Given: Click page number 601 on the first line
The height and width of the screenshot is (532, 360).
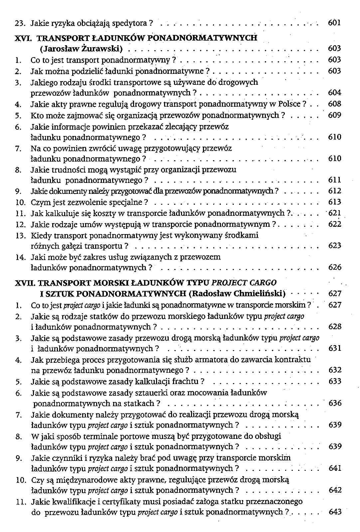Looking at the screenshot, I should click(x=334, y=23).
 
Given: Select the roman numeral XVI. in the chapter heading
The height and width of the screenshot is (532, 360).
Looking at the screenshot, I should click(x=24, y=38).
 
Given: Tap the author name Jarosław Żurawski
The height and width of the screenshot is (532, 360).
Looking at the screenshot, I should click(x=82, y=49).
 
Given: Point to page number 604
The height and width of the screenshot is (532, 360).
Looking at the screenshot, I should click(x=334, y=93).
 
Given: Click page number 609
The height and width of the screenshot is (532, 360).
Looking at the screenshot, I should click(x=334, y=115).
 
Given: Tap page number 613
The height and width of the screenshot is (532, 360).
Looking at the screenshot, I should click(x=334, y=202).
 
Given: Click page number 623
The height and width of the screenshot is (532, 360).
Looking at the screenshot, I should click(x=334, y=246).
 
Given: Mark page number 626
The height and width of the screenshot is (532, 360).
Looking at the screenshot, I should click(x=334, y=267).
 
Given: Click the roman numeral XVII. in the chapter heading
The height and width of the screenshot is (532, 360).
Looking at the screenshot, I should click(x=25, y=283).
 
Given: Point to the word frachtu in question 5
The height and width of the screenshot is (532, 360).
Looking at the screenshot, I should click(x=188, y=381).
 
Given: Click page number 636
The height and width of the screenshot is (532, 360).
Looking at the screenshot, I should click(x=335, y=403).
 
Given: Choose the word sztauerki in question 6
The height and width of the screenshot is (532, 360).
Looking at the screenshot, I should click(x=151, y=393).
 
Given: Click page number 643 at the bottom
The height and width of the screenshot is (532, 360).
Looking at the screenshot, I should click(x=335, y=512).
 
